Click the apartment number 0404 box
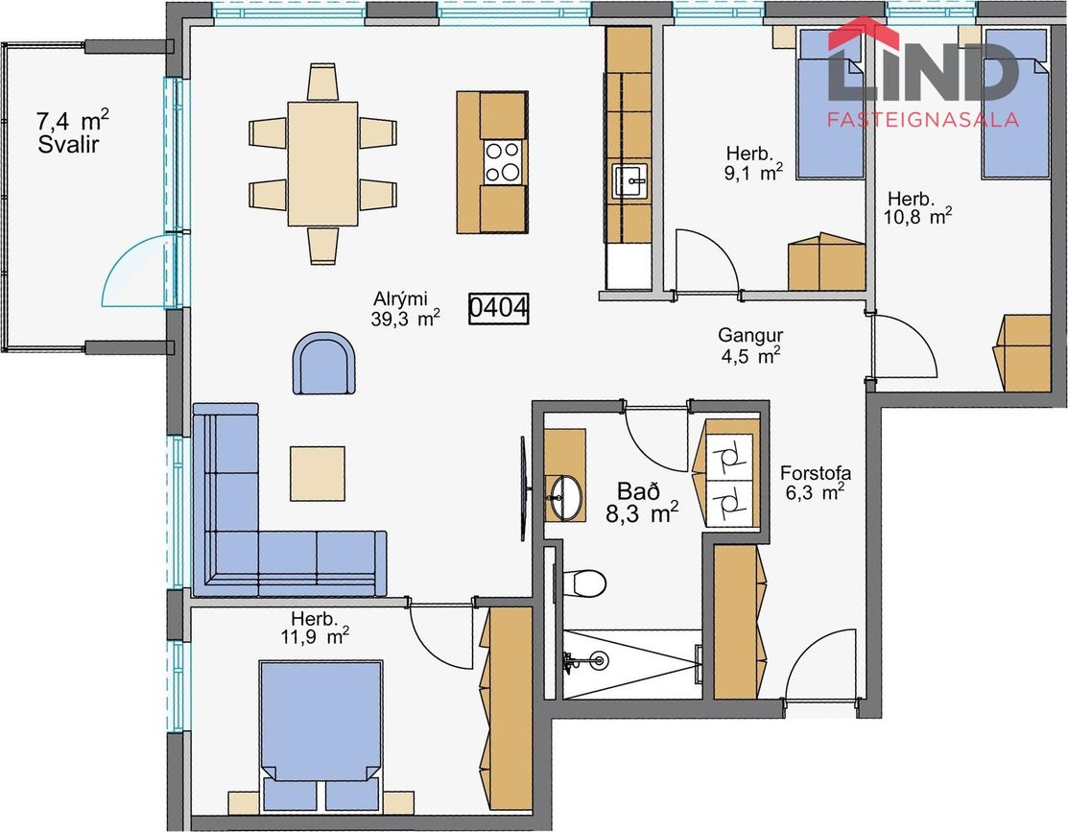pos(499,308)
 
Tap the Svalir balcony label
pos(69,145)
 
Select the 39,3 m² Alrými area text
pos(405,319)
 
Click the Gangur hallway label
pos(750,335)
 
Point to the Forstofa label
pos(816,473)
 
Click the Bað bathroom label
pos(638,490)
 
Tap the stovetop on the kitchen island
pos(502,161)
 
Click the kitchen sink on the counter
pos(630,180)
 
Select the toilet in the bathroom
pos(583,582)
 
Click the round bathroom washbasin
pos(566,497)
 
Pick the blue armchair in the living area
pos(323,363)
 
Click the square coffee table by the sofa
pos(318,474)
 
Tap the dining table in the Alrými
pos(322,163)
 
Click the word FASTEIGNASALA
pos(923,120)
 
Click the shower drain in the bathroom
pos(599,659)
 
